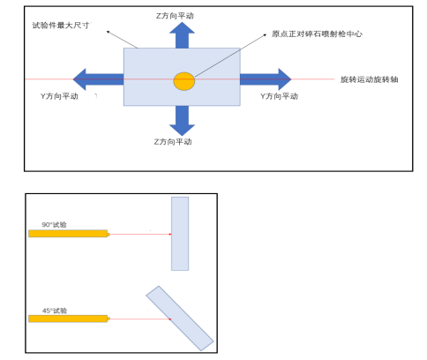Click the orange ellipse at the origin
(x=184, y=80)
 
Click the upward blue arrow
(x=182, y=35)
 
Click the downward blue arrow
(x=182, y=119)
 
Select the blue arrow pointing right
(x=265, y=79)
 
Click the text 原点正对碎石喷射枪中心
(x=318, y=34)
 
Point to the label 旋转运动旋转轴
(x=370, y=79)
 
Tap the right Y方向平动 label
(x=283, y=94)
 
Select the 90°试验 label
(x=54, y=224)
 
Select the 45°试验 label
(x=54, y=310)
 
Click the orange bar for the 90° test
(x=68, y=234)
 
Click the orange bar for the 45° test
(x=68, y=319)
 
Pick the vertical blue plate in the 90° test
(x=180, y=233)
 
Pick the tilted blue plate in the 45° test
(x=180, y=318)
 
